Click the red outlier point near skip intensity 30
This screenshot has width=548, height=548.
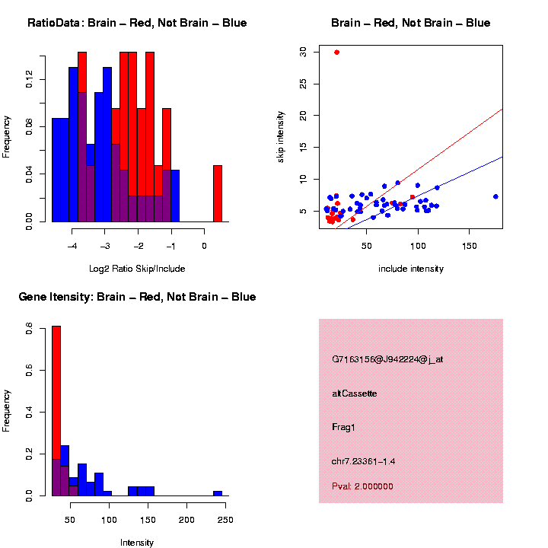pos(336,53)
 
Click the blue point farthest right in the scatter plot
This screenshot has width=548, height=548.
pos(495,196)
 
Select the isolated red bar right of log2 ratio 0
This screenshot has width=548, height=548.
pos(218,193)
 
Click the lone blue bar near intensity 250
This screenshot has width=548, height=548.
pos(218,493)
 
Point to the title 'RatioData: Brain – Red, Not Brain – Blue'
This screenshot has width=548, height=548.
pos(137,23)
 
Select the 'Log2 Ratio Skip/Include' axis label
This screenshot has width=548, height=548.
pos(137,269)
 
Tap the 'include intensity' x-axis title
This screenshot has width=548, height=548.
pos(411,269)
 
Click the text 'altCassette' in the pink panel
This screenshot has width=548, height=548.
pos(354,393)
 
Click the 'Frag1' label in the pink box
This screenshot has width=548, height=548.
pos(343,427)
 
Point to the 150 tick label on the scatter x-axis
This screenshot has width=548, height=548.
pos(469,246)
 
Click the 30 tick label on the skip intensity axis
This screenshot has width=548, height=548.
pos(303,52)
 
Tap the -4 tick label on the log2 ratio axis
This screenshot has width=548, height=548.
pos(72,246)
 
